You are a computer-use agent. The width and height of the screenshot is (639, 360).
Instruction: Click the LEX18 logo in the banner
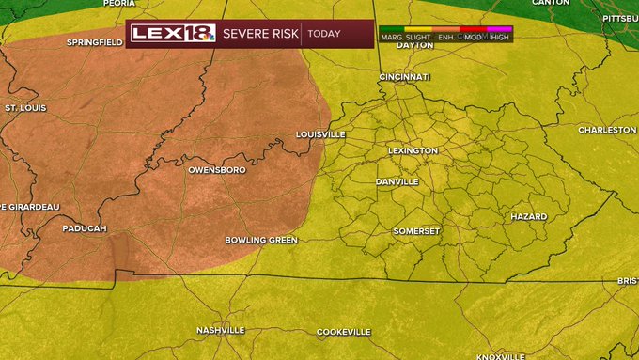pyautogui.click(x=174, y=33)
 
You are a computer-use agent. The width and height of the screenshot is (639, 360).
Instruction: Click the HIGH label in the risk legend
pyautogui.click(x=500, y=37)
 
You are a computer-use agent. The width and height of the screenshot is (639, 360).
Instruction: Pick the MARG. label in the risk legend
pyautogui.click(x=393, y=37)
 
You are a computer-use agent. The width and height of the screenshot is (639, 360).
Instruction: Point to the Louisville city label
pyautogui.click(x=320, y=134)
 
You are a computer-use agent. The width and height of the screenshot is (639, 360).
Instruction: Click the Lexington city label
pyautogui.click(x=413, y=150)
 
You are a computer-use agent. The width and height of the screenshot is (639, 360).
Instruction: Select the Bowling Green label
pyautogui.click(x=261, y=240)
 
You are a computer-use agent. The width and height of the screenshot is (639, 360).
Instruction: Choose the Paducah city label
pyautogui.click(x=85, y=228)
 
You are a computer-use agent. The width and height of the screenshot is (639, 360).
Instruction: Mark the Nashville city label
pyautogui.click(x=221, y=330)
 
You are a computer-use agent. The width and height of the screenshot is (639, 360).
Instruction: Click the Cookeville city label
pyautogui.click(x=344, y=332)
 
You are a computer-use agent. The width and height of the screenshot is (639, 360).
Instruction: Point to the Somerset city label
pyautogui.click(x=416, y=231)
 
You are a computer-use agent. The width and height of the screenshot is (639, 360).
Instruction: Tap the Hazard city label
pyautogui.click(x=528, y=216)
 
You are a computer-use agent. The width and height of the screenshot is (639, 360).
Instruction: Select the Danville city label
pyautogui.click(x=397, y=181)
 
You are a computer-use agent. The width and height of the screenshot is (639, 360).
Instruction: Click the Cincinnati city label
pyautogui.click(x=404, y=76)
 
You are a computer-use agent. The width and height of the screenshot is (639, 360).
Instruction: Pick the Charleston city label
pyautogui.click(x=607, y=130)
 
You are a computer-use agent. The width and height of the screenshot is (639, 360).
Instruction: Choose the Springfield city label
pyautogui.click(x=95, y=42)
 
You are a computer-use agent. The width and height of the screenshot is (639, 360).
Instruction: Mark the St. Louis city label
pyautogui.click(x=25, y=108)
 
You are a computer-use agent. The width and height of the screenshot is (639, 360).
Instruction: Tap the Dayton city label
pyautogui.click(x=414, y=45)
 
